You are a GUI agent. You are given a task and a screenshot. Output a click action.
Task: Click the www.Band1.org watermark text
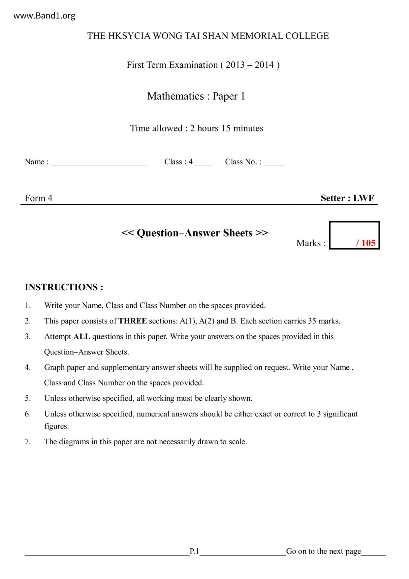pos(45,16)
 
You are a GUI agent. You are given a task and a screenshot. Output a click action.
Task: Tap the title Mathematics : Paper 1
pos(196,96)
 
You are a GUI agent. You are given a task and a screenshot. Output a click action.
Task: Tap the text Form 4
pos(38,198)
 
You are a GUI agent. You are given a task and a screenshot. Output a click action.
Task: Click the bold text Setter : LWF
pos(347,198)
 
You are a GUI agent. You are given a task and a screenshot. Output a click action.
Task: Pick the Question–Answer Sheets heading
pos(195,233)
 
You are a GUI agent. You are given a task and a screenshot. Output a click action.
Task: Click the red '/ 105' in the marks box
pos(366,243)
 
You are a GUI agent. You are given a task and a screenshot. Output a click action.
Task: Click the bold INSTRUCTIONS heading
pos(64,287)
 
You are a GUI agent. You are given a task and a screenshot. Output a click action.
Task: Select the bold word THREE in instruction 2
pos(133,321)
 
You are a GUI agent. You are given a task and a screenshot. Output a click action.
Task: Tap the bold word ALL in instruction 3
pos(81,337)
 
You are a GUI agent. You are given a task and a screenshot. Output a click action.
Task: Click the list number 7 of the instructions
pos(28,442)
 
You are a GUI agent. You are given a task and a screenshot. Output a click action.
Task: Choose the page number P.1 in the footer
pos(194,551)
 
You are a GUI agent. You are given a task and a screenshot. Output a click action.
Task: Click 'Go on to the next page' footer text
pos(323,551)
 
